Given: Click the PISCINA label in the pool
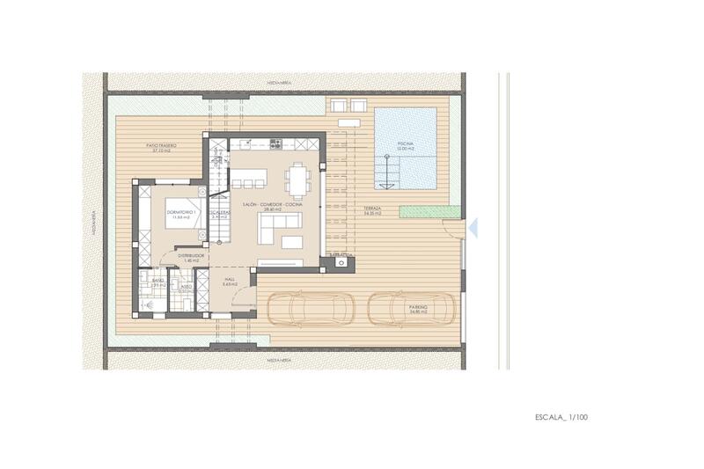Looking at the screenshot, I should (x=404, y=143).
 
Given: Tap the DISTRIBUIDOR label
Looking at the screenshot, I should (x=190, y=257).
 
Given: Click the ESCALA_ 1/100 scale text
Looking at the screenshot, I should (x=561, y=416).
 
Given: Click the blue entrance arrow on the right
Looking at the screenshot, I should (x=472, y=228).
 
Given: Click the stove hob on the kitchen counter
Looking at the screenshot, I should (x=275, y=143).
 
